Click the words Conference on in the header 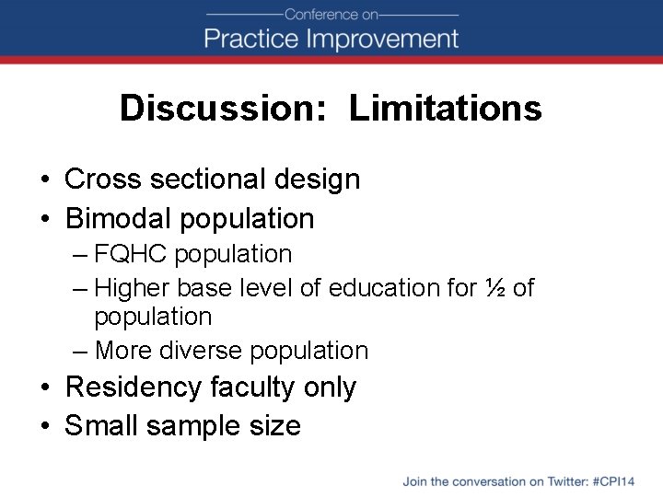coord(331,14)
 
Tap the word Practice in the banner coord(251,40)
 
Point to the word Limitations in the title coord(445,109)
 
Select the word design coord(319,179)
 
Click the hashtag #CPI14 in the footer coord(614,481)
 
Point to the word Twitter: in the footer coord(564,481)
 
